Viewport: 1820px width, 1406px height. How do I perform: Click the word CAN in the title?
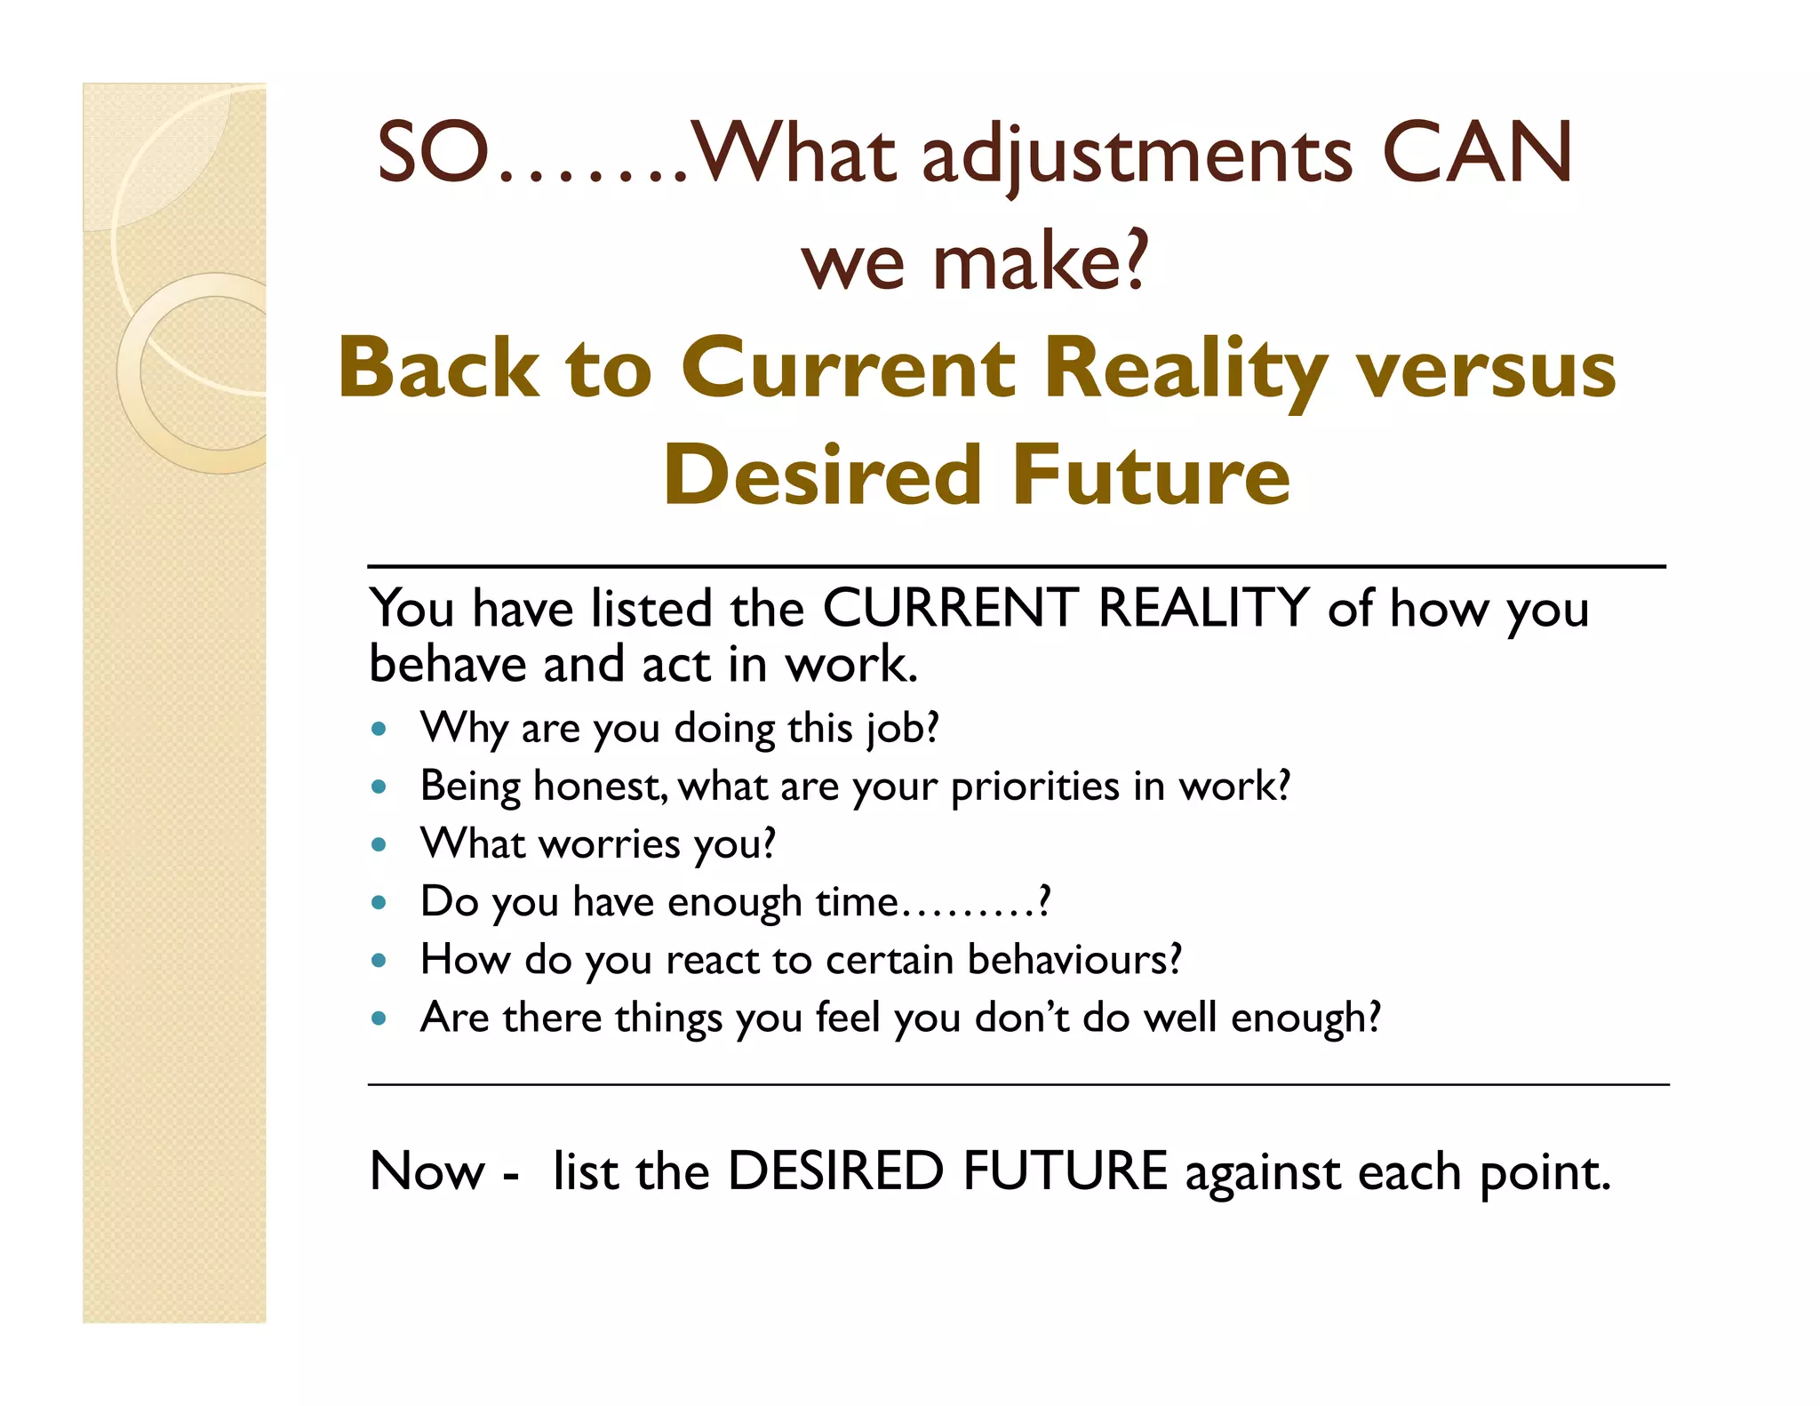coord(1477,153)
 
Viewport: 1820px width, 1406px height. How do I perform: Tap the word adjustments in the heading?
coord(1137,158)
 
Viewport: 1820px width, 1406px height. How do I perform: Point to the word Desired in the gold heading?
coord(820,475)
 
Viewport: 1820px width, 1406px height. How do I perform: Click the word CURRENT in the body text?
coord(950,609)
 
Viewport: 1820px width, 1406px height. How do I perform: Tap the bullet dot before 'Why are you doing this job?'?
coord(379,730)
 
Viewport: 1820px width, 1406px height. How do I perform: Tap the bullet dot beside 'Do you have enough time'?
coord(379,903)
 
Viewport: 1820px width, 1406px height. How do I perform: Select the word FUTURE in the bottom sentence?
coord(1065,1171)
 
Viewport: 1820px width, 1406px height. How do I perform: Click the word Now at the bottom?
coord(427,1171)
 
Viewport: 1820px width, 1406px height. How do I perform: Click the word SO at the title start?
coord(433,153)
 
